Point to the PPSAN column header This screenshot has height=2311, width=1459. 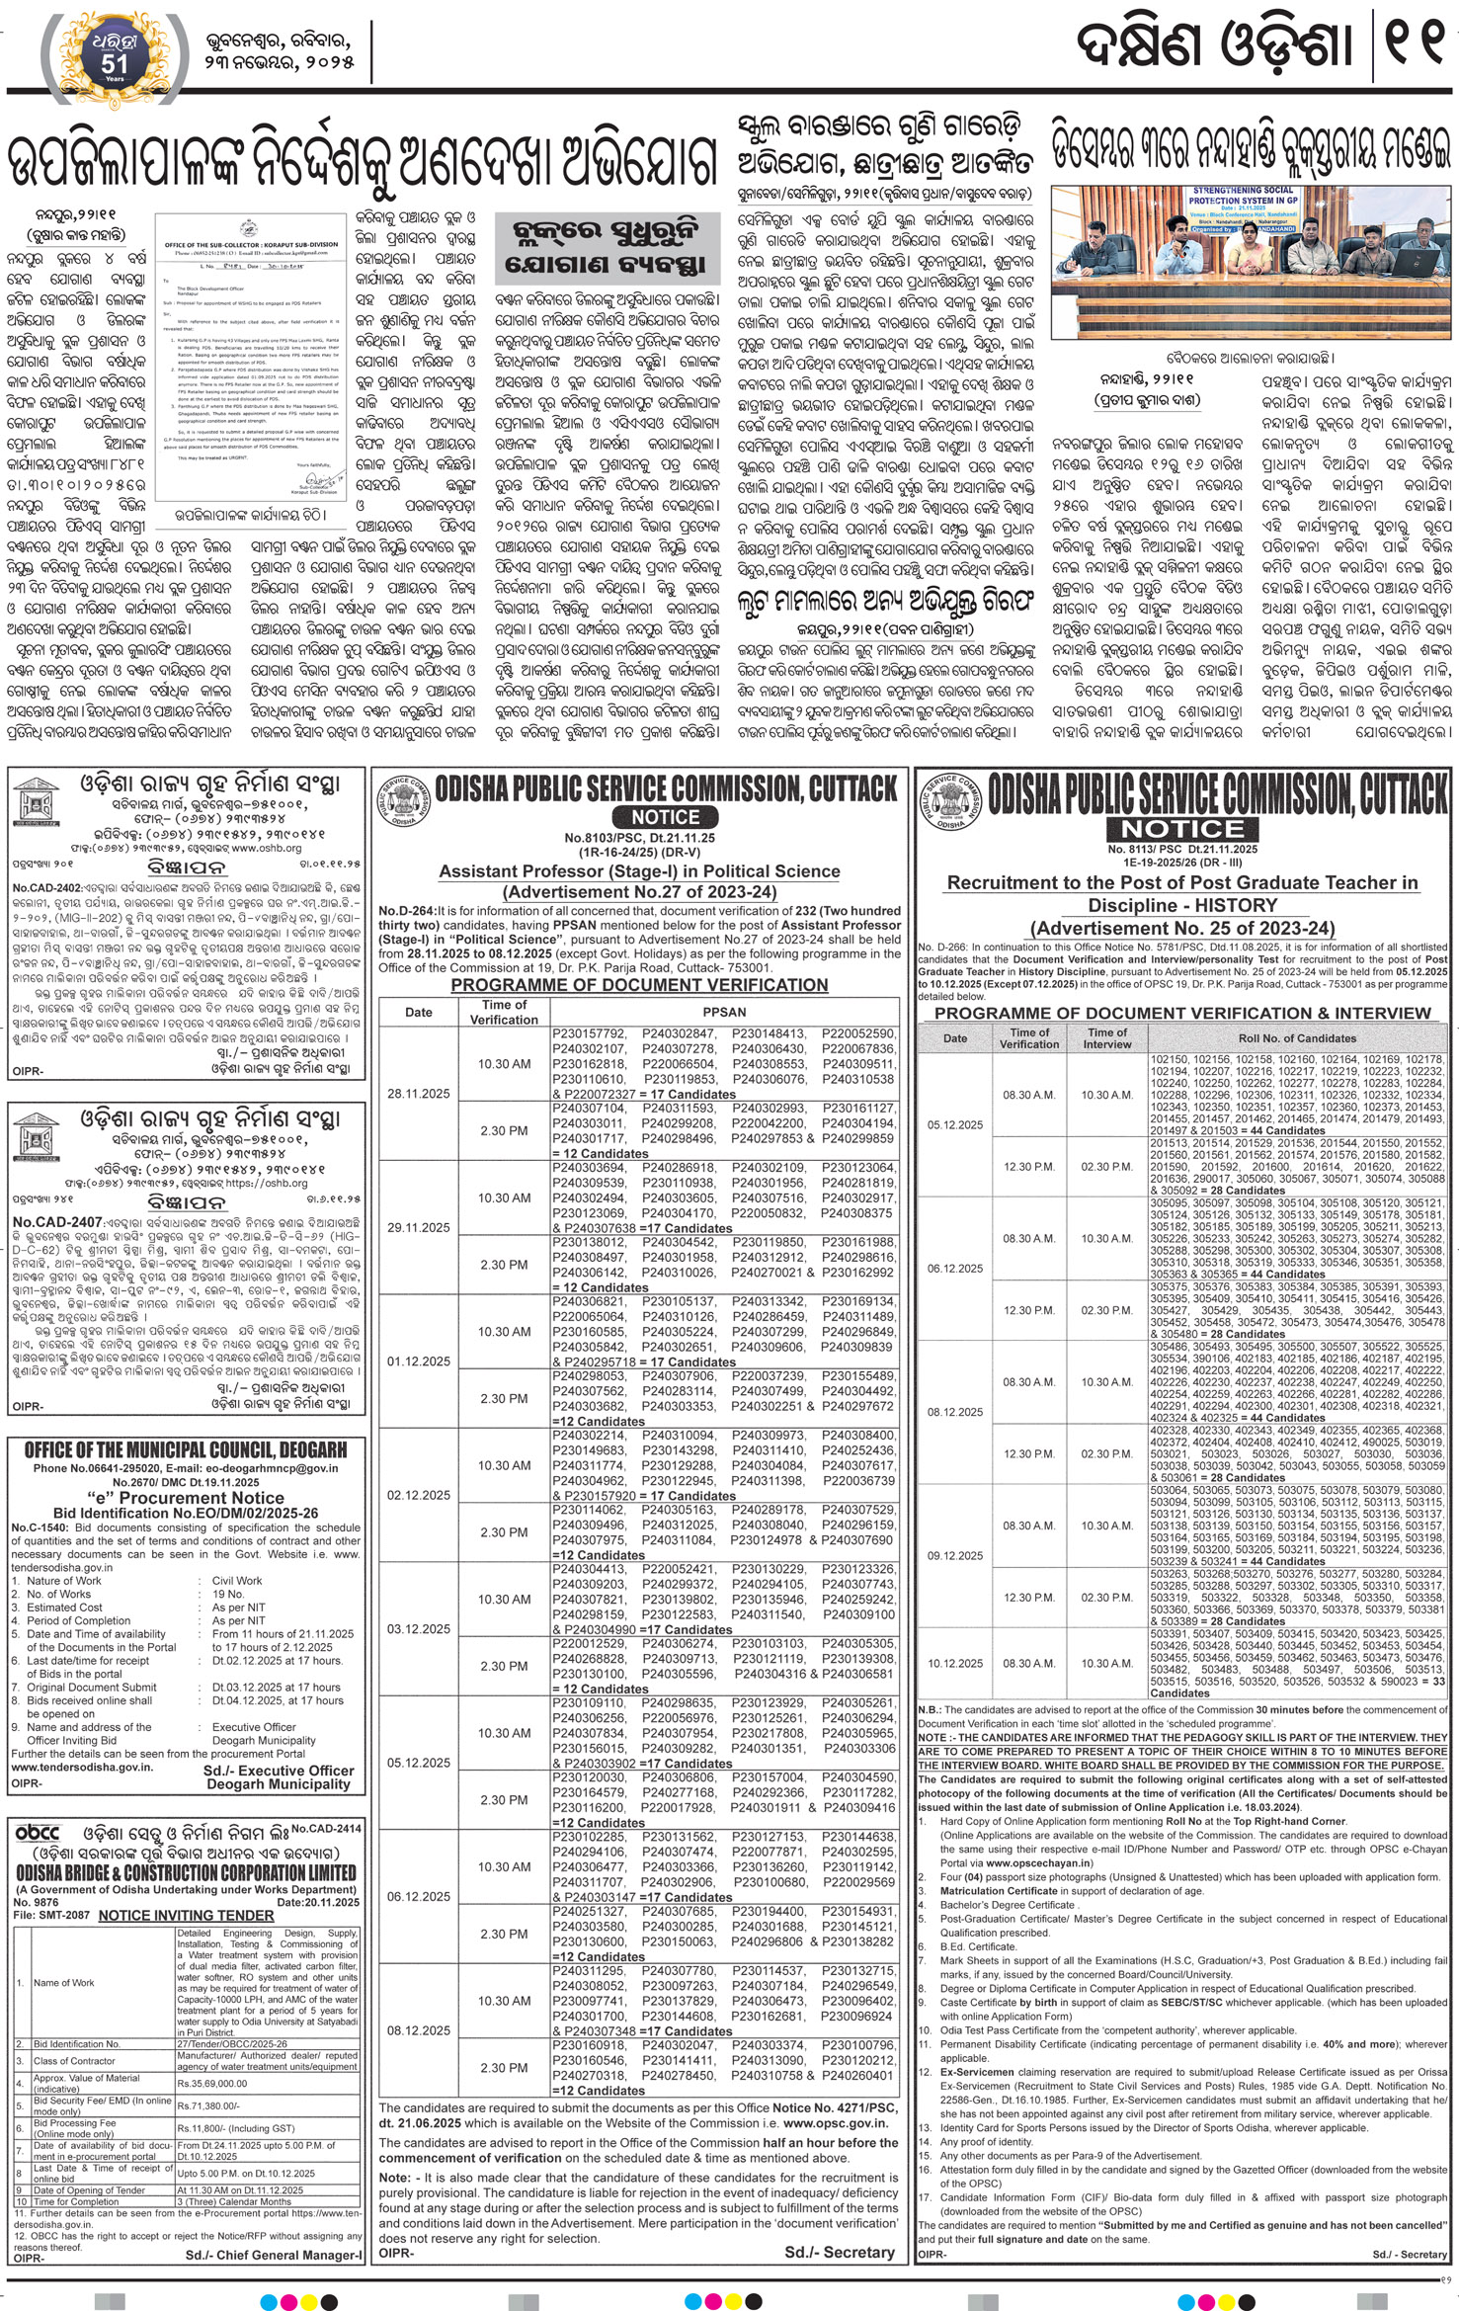click(724, 1012)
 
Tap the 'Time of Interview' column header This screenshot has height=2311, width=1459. click(1106, 1037)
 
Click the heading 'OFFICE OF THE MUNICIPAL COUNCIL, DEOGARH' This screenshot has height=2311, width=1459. click(186, 1449)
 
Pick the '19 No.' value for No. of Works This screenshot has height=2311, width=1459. click(228, 1594)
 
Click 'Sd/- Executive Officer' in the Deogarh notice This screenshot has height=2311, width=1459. click(279, 1771)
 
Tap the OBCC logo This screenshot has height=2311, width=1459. click(38, 1833)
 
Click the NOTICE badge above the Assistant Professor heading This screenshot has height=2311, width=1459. click(665, 817)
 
